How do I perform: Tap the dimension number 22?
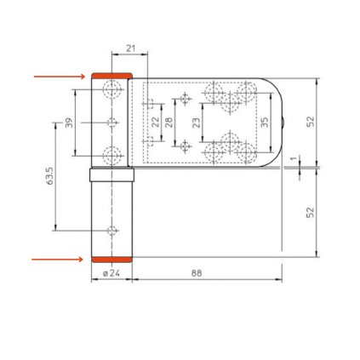(x=155, y=123)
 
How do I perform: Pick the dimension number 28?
(x=169, y=123)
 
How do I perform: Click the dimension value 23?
(x=197, y=123)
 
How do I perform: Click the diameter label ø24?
(x=111, y=274)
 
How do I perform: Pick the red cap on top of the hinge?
(x=111, y=77)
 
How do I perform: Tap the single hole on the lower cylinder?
(x=111, y=231)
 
